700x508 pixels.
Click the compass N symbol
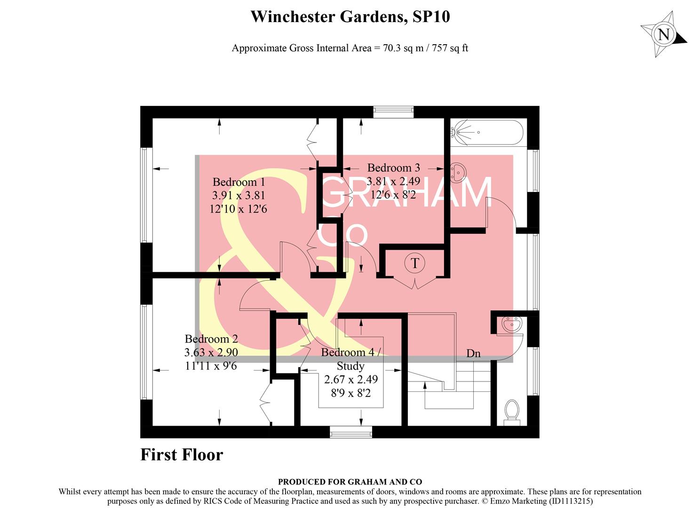pos(664,34)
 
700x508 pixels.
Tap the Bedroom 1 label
pos(239,182)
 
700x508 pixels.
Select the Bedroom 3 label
pos(393,167)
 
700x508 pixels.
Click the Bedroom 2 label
pos(211,339)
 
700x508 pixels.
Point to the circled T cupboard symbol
pos(414,262)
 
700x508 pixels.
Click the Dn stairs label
pos(473,353)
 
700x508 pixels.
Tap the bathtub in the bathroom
pos(486,133)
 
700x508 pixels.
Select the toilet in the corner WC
pos(511,411)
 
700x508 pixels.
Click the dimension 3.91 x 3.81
pos(239,195)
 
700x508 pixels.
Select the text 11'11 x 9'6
pos(211,365)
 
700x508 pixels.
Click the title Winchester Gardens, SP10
pos(350,17)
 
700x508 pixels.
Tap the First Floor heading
pos(182,455)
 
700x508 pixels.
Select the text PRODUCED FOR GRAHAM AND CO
pos(350,482)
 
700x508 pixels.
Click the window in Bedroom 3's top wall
pos(393,112)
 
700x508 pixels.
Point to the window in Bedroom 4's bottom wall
pos(351,432)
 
